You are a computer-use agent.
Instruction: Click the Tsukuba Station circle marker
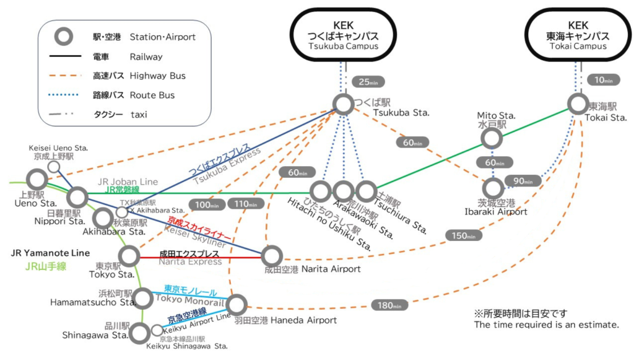342,104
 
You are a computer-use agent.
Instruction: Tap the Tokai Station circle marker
578,103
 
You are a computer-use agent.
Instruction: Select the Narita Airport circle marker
272,255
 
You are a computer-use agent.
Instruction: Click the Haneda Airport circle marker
237,304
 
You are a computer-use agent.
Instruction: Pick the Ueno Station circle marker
37,180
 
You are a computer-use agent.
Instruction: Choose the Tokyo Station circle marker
130,255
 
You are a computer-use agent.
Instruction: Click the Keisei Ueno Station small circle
54,167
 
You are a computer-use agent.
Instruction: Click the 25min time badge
363,82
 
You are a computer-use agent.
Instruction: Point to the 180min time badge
389,305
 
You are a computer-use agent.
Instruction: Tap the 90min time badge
519,181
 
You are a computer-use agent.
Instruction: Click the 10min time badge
600,80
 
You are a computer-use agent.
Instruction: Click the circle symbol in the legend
62,37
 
